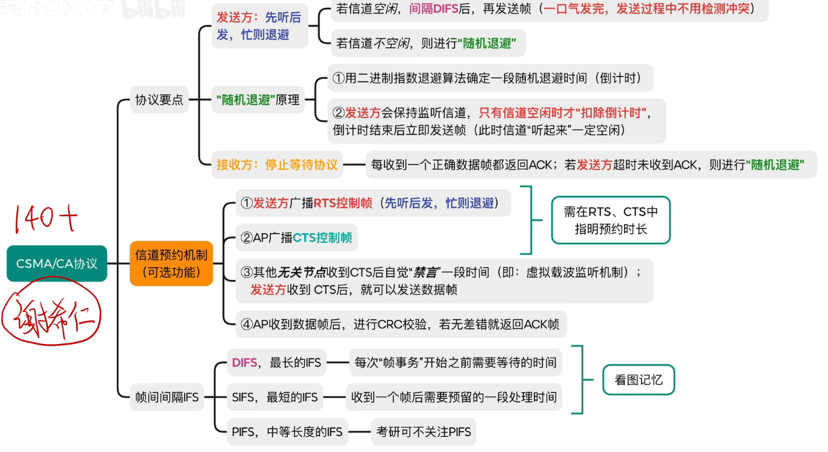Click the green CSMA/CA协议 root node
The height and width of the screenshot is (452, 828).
57,264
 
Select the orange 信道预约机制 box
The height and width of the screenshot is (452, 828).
171,263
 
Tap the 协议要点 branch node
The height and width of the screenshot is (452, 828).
159,100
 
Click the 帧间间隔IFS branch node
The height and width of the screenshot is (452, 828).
167,398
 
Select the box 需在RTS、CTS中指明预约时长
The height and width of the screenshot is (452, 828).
610,220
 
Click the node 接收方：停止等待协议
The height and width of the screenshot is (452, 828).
277,165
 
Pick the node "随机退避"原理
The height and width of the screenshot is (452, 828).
258,100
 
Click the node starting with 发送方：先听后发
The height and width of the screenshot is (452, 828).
259,26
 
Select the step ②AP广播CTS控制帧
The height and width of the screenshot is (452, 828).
297,238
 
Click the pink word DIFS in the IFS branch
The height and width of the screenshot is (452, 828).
245,363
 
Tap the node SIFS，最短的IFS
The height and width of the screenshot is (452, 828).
274,398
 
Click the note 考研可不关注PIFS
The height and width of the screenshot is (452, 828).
423,432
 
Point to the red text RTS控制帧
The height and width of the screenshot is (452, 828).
343,203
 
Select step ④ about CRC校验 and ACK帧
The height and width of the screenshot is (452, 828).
400,324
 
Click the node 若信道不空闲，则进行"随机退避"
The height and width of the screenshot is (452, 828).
426,44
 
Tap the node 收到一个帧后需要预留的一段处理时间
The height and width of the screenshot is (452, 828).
454,398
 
